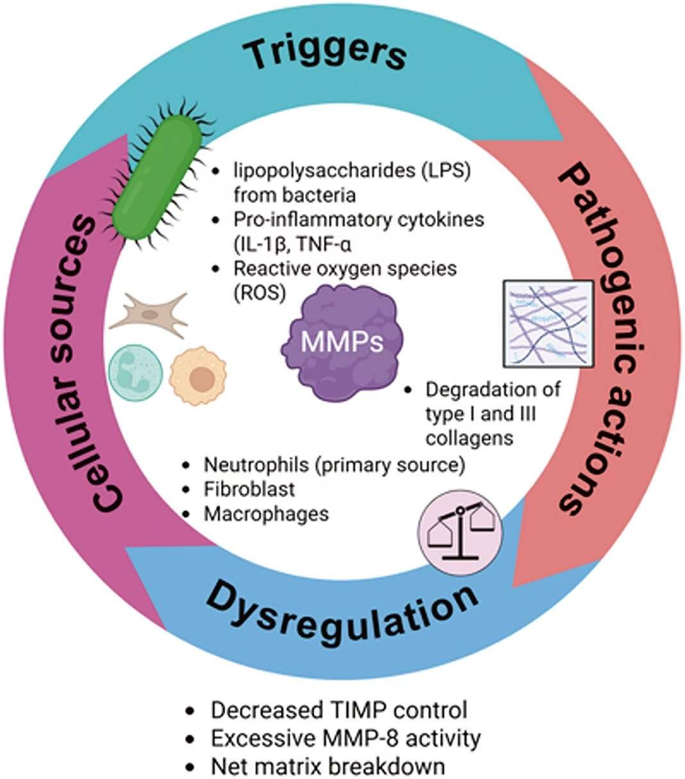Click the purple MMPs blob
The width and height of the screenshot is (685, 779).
click(x=342, y=343)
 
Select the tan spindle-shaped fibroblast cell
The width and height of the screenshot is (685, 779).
click(x=149, y=313)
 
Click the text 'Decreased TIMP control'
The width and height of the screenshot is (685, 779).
click(x=339, y=710)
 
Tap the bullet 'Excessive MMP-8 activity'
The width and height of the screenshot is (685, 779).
click(x=345, y=738)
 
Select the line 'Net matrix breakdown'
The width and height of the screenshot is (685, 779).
click(x=327, y=766)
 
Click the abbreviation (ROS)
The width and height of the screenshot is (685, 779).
click(x=260, y=292)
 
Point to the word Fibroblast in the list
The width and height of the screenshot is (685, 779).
click(x=249, y=489)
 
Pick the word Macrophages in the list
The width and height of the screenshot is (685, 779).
click(x=266, y=513)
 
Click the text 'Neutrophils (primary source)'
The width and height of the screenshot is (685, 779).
click(x=334, y=464)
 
